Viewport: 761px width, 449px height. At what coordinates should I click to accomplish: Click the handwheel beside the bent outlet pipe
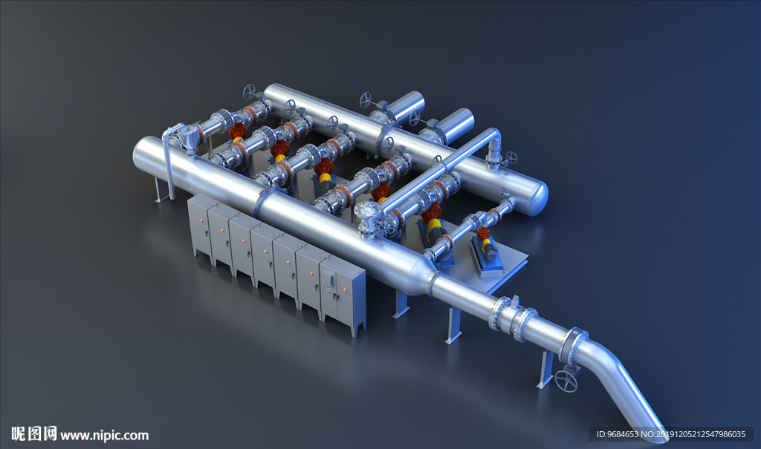pyautogui.click(x=566, y=381)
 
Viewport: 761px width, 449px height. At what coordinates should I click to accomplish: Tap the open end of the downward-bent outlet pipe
pyautogui.click(x=660, y=436)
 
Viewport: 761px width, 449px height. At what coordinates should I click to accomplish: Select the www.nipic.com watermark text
pyautogui.click(x=104, y=435)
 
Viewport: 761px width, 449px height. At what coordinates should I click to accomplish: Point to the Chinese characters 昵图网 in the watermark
pyautogui.click(x=33, y=433)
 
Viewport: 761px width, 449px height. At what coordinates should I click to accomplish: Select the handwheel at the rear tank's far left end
pyautogui.click(x=250, y=91)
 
